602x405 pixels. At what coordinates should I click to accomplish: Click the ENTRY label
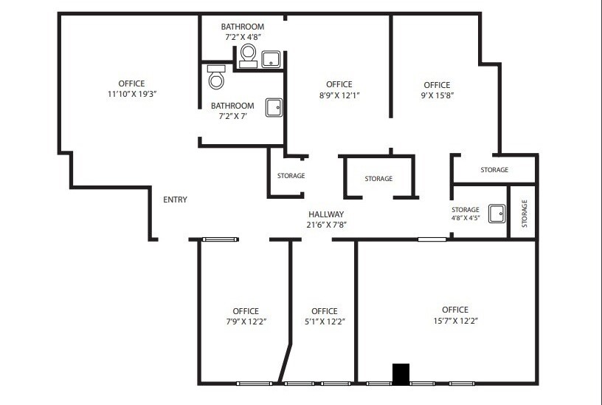pyautogui.click(x=175, y=200)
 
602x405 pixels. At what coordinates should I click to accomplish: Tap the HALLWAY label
pyautogui.click(x=326, y=214)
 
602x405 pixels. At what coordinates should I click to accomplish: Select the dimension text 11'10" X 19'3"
pyautogui.click(x=132, y=94)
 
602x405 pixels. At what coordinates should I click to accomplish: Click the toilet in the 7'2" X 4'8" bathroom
pyautogui.click(x=248, y=55)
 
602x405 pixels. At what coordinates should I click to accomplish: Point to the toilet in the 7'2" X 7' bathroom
pyautogui.click(x=216, y=77)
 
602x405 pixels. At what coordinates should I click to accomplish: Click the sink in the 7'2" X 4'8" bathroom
pyautogui.click(x=271, y=59)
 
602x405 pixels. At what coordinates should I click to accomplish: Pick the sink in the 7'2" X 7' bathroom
pyautogui.click(x=274, y=108)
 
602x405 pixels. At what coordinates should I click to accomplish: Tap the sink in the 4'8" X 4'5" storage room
pyautogui.click(x=497, y=214)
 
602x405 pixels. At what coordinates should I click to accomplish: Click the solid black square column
pyautogui.click(x=401, y=374)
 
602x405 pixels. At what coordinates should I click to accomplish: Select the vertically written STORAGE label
pyautogui.click(x=525, y=214)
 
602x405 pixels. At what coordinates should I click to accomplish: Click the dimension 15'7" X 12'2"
pyautogui.click(x=455, y=321)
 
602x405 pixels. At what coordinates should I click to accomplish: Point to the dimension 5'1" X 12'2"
pyautogui.click(x=325, y=321)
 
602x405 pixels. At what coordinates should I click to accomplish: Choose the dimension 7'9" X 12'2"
pyautogui.click(x=246, y=321)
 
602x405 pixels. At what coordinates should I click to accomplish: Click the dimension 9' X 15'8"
pyautogui.click(x=437, y=95)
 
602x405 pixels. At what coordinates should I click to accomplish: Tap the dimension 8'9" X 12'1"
pyautogui.click(x=339, y=95)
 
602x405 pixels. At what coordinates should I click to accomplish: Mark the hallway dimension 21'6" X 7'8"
pyautogui.click(x=326, y=225)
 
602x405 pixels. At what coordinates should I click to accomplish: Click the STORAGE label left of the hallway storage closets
pyautogui.click(x=291, y=176)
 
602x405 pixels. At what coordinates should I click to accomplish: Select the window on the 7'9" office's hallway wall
pyautogui.click(x=221, y=239)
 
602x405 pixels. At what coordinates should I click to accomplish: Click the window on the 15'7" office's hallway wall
pyautogui.click(x=432, y=239)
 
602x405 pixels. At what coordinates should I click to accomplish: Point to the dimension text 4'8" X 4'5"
pyautogui.click(x=466, y=218)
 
